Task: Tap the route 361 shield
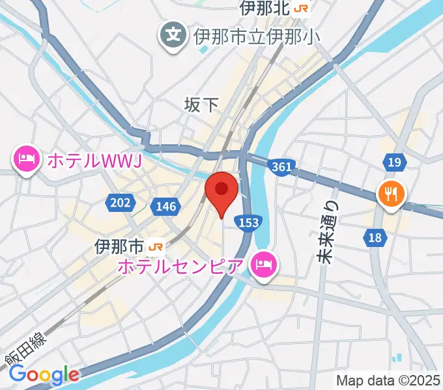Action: click(281, 167)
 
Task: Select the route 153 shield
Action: click(248, 222)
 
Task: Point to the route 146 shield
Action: click(165, 207)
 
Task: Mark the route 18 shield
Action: click(375, 238)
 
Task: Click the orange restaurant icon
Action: click(392, 192)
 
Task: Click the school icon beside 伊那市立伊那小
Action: click(174, 32)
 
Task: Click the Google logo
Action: click(44, 374)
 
